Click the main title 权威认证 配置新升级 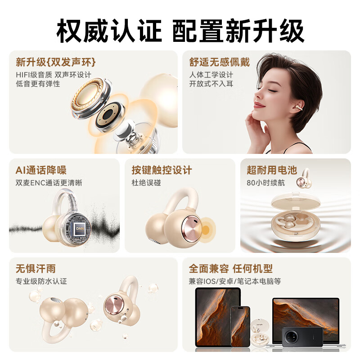[180, 31]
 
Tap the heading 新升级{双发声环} [56, 62]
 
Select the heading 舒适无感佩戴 [219, 62]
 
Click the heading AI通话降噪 [41, 170]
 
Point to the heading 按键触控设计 [162, 170]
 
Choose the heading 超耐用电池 [272, 170]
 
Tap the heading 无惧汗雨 [36, 269]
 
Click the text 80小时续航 [265, 183]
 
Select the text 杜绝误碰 [146, 183]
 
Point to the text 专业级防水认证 [41, 281]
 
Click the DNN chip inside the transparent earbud [80, 229]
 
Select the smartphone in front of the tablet [240, 326]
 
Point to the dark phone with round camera [302, 337]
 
